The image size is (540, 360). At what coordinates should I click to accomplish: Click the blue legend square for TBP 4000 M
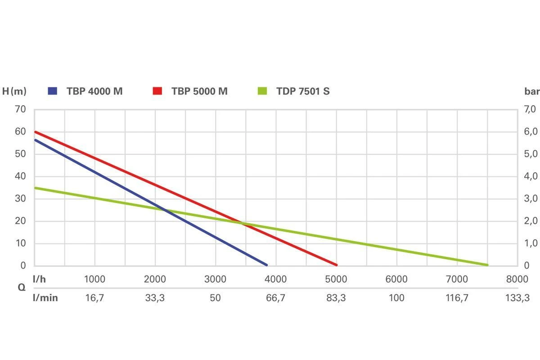[53, 91]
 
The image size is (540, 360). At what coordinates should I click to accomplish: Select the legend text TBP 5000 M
[199, 91]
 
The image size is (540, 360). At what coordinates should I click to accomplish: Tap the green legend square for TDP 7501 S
[262, 91]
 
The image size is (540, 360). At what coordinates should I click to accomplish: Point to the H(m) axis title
[14, 91]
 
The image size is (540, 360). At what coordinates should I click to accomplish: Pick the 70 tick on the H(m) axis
[21, 109]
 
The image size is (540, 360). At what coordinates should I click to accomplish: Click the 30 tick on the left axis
[21, 198]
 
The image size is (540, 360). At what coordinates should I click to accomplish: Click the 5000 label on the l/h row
[336, 279]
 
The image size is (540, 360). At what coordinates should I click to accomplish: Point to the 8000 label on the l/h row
[517, 279]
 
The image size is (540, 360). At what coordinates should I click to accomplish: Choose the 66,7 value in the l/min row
[276, 297]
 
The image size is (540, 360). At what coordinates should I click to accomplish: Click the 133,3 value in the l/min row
[517, 297]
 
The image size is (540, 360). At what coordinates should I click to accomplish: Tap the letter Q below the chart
[21, 288]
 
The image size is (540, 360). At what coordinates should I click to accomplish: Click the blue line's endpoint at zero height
[266, 265]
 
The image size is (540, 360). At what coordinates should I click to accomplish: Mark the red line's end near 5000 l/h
[336, 265]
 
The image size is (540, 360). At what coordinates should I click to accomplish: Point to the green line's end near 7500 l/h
[487, 265]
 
